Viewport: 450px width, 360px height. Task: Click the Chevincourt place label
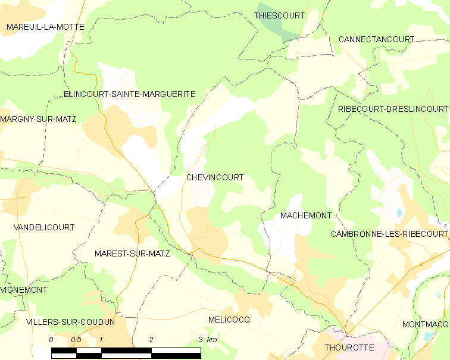point(215,177)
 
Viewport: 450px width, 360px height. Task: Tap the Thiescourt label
point(279,15)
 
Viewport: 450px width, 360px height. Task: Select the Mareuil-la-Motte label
point(45,27)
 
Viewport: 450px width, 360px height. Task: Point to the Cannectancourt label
point(376,39)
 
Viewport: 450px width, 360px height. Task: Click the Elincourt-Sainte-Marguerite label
point(130,94)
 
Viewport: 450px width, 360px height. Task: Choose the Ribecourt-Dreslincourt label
point(392,109)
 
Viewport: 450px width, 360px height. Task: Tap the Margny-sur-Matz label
point(38,119)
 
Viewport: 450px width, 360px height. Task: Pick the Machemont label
point(305,215)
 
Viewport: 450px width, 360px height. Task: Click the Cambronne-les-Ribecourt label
point(389,234)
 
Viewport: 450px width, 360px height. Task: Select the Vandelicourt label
point(44,227)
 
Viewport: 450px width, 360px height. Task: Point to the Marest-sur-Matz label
point(132,253)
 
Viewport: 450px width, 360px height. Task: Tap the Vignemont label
point(24,290)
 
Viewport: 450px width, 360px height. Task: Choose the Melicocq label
point(229,320)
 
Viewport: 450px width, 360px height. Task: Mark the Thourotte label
point(349,347)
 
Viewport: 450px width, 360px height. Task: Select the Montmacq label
point(424,324)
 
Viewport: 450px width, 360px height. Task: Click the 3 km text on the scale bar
point(208,339)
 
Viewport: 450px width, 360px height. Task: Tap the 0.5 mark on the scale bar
point(76,339)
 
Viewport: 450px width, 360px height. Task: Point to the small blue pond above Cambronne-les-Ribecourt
point(399,212)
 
